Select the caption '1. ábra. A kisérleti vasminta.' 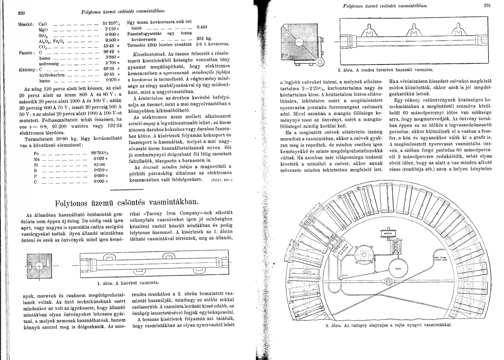coord(128,283)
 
